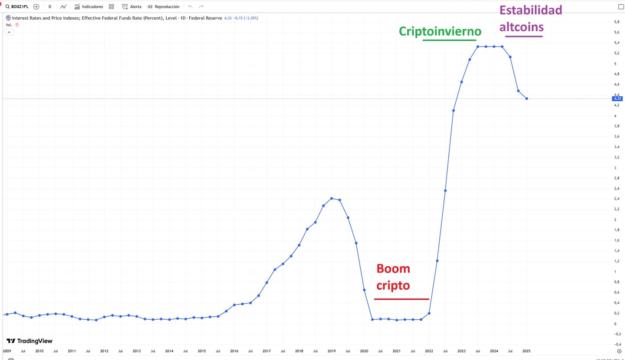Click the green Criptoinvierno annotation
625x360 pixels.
point(440,31)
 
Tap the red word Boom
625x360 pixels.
point(393,269)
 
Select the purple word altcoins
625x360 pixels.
point(521,27)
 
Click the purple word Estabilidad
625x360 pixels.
point(530,10)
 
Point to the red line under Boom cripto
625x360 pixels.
point(401,299)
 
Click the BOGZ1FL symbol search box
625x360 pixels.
point(17,7)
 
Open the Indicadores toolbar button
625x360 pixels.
point(89,7)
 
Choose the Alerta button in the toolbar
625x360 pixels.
point(132,7)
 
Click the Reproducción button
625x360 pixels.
point(163,7)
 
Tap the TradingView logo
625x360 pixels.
point(29,341)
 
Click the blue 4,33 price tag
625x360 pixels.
point(617,98)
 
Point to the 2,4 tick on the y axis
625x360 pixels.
point(617,199)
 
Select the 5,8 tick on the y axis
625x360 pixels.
point(617,22)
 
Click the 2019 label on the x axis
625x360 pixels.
point(332,351)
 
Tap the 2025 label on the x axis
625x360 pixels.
point(526,351)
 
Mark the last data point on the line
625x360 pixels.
point(526,98)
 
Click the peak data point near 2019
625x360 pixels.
point(332,199)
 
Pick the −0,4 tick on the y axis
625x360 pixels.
point(617,344)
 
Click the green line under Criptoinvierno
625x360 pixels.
point(449,40)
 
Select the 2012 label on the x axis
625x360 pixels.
point(104,351)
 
